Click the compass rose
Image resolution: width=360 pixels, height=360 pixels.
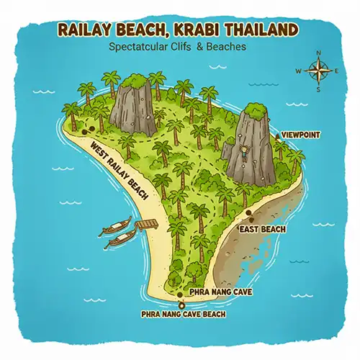click(x=316, y=71)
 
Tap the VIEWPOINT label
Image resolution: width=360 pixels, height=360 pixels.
click(x=300, y=135)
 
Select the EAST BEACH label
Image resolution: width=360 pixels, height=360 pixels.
click(x=262, y=230)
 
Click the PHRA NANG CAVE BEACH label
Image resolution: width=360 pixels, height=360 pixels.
click(x=184, y=315)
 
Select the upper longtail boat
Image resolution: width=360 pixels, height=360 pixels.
click(x=117, y=225)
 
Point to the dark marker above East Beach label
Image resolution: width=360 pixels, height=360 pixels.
click(x=249, y=215)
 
